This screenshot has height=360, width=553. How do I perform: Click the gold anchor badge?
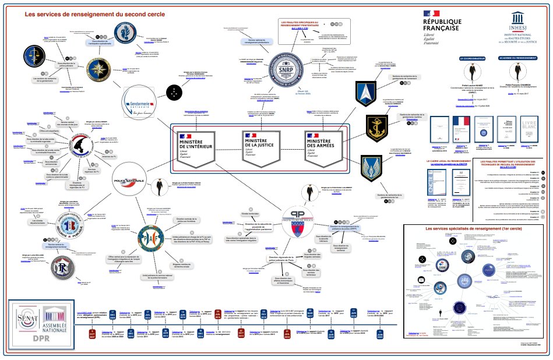click(371, 126)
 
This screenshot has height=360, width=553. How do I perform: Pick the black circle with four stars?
click(175, 90)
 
